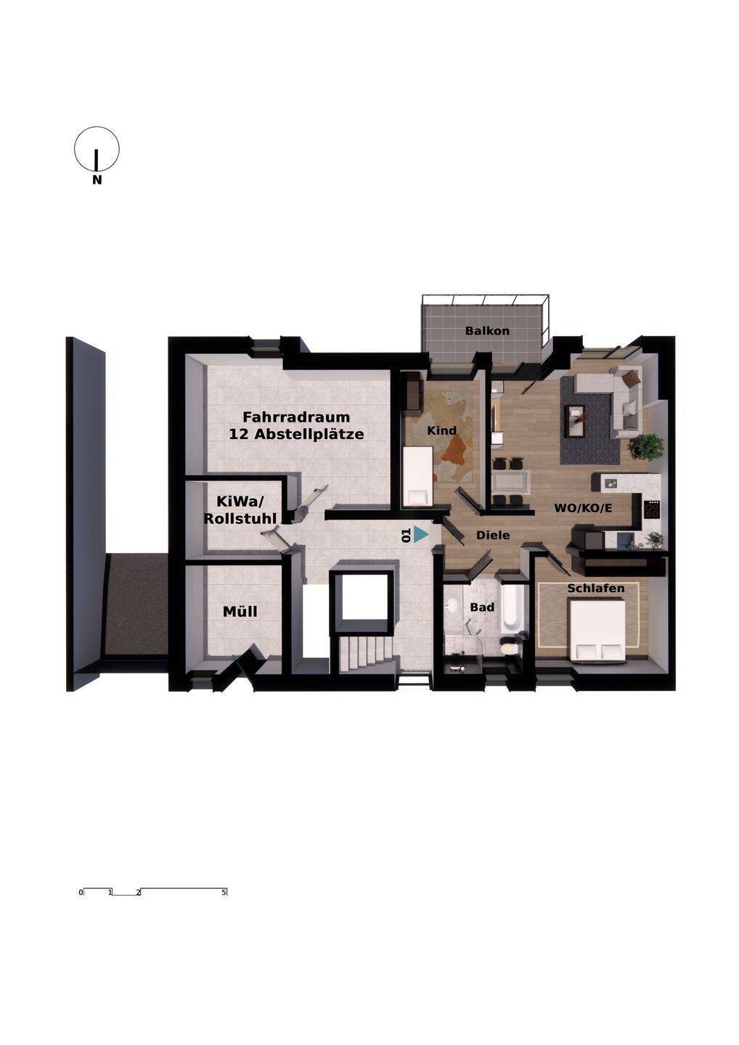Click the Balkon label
click(487, 331)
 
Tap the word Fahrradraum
click(296, 417)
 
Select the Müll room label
click(240, 611)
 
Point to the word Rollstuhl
click(240, 518)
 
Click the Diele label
click(493, 536)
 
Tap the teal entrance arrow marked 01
click(421, 535)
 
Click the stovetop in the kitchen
click(652, 508)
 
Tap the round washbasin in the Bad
click(451, 607)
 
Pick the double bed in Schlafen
click(597, 629)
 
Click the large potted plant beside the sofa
click(645, 446)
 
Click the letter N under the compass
click(97, 180)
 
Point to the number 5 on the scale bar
click(224, 893)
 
